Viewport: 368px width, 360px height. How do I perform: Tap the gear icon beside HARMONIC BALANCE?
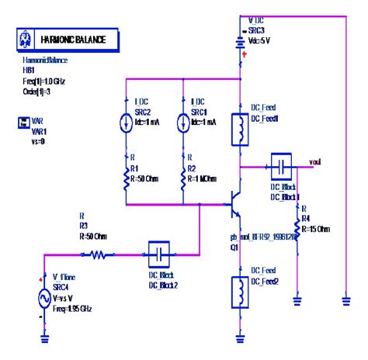pyautogui.click(x=26, y=38)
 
